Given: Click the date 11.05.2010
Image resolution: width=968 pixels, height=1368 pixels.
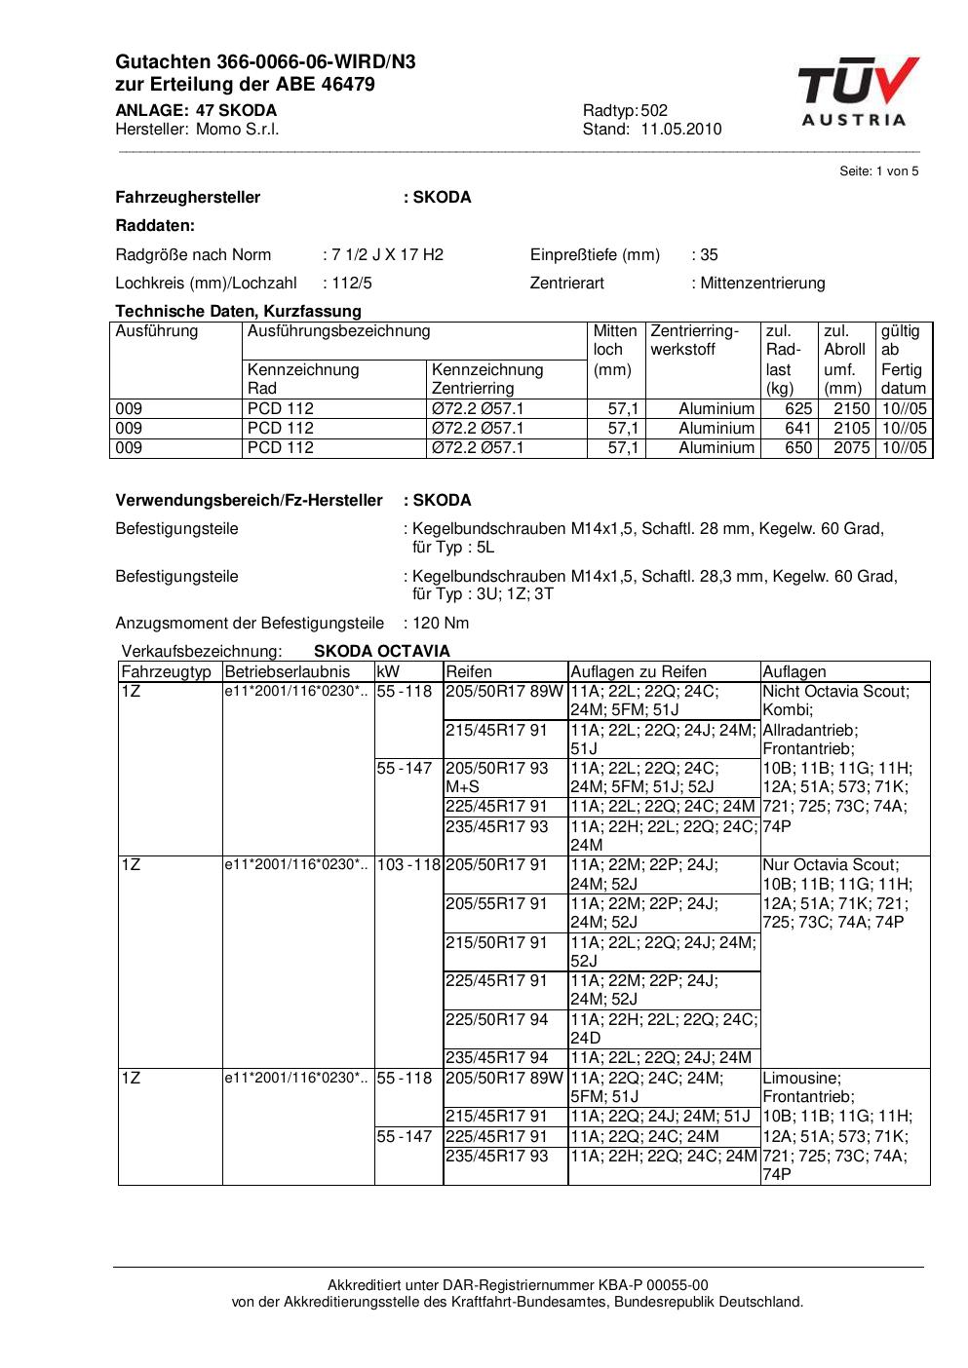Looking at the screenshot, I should (681, 130).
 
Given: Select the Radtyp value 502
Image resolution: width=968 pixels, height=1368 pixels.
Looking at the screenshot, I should (654, 111).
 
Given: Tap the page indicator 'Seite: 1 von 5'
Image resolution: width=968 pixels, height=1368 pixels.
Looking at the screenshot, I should (878, 171).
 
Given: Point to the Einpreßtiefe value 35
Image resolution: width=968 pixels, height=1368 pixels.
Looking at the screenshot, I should (709, 255).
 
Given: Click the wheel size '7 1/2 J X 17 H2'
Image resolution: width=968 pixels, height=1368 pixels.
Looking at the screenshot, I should (387, 255).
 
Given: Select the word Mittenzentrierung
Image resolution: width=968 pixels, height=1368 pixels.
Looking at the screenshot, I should (762, 284).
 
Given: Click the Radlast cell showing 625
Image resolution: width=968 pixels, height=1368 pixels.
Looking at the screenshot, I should (798, 409).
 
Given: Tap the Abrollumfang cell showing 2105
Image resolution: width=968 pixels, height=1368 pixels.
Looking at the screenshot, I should (851, 429).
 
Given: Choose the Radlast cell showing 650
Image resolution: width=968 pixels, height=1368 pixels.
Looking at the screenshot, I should (798, 448).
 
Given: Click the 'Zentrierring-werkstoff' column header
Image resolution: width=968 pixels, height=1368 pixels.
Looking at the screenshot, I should (695, 340).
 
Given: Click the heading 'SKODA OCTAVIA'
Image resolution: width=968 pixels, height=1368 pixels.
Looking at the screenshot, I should (382, 652).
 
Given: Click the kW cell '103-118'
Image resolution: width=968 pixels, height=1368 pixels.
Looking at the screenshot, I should (408, 865).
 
